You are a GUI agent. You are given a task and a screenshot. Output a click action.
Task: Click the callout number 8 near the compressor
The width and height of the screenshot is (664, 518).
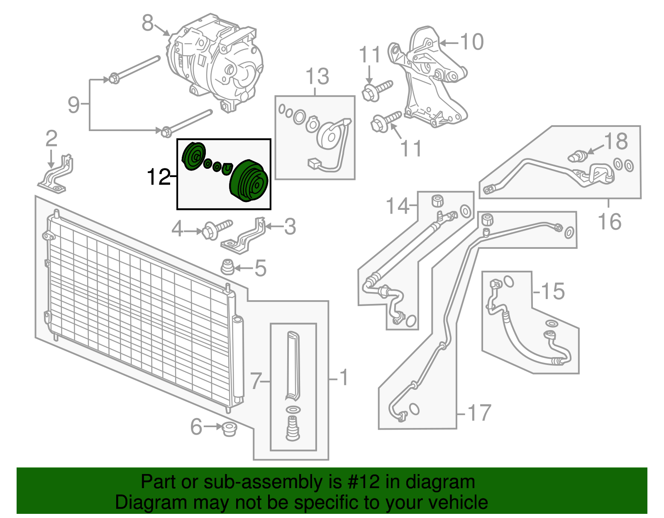pyautogui.click(x=147, y=23)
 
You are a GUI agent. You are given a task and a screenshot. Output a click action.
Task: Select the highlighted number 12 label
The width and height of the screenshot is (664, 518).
pyautogui.click(x=158, y=177)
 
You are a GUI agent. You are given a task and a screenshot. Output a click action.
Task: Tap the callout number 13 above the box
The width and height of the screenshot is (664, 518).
pyautogui.click(x=317, y=77)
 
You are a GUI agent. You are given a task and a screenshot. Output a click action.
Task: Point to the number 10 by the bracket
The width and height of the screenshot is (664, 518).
pyautogui.click(x=472, y=42)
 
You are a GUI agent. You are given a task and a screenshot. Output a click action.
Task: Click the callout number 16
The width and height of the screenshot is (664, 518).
pyautogui.click(x=609, y=221)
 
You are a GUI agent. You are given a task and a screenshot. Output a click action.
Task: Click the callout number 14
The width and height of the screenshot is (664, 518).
pyautogui.click(x=397, y=206)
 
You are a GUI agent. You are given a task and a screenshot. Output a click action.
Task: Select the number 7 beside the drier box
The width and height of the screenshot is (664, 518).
pyautogui.click(x=256, y=381)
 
